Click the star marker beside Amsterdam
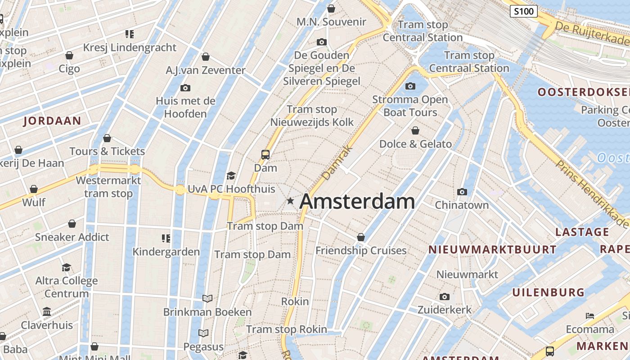pyautogui.click(x=291, y=201)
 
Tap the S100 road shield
pyautogui.click(x=524, y=11)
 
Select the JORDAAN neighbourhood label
pyautogui.click(x=52, y=121)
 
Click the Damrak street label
pyautogui.click(x=333, y=163)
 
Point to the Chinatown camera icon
pyautogui.click(x=462, y=192)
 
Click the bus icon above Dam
pyautogui.click(x=265, y=155)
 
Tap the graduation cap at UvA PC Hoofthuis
pyautogui.click(x=231, y=175)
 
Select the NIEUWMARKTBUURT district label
pyautogui.click(x=492, y=249)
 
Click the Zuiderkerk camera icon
pyautogui.click(x=445, y=297)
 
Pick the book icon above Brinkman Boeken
pyautogui.click(x=207, y=298)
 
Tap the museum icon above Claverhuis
pyautogui.click(x=47, y=311)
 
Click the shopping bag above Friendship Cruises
pyautogui.click(x=361, y=237)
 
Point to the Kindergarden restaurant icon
pyautogui.click(x=166, y=238)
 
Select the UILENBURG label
pyautogui.click(x=548, y=292)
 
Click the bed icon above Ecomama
pyautogui.click(x=590, y=316)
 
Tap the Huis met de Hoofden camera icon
pyautogui.click(x=185, y=88)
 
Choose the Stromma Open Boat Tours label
pyautogui.click(x=410, y=106)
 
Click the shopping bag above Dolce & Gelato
pyautogui.click(x=415, y=131)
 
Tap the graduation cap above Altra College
pyautogui.click(x=67, y=267)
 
